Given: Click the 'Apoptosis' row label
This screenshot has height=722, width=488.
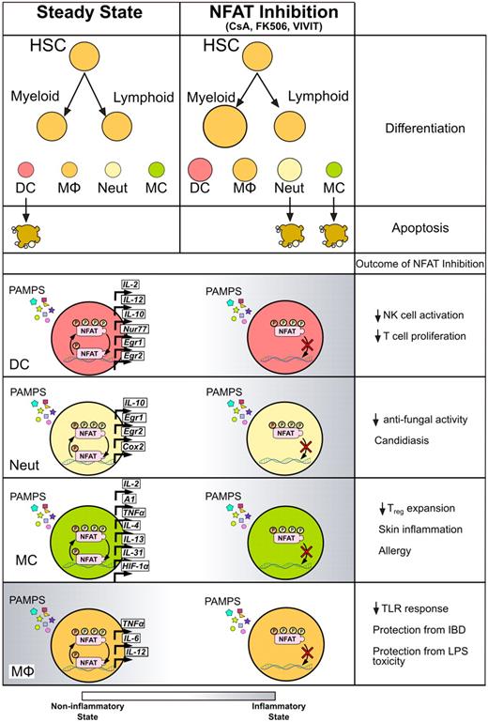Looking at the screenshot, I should point(422,228).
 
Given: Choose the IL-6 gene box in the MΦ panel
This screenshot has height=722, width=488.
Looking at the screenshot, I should point(131,638).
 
